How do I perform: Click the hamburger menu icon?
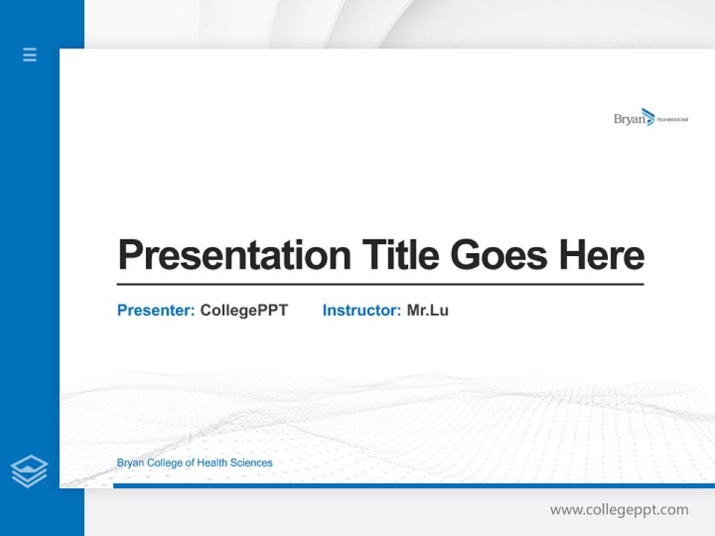(30, 54)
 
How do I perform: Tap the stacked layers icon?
(29, 471)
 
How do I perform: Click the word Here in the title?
(602, 255)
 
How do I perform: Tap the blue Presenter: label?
(156, 310)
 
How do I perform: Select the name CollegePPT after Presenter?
(244, 310)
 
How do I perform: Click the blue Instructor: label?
(361, 310)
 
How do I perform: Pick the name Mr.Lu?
(428, 310)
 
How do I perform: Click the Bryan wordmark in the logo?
(627, 119)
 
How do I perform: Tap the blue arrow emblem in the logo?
(647, 117)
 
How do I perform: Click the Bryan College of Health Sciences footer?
(194, 463)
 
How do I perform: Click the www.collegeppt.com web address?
(619, 510)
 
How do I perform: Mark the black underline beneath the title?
(380, 284)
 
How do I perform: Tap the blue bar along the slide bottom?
(413, 485)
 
